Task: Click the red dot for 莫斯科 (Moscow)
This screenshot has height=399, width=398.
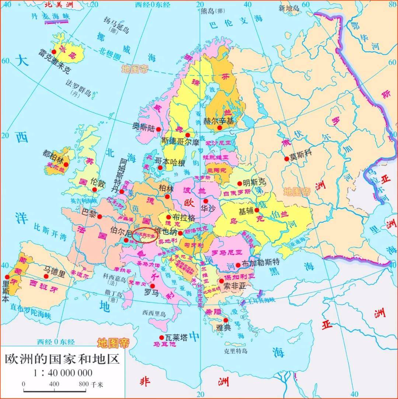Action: pos(286,159)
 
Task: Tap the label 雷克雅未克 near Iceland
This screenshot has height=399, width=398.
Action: pos(54,62)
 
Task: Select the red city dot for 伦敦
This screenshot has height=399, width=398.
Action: pos(95,190)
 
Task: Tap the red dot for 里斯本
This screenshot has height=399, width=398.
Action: pos(7,277)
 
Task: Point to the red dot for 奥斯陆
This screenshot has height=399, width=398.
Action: pos(158,129)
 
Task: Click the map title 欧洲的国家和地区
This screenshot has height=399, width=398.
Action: pos(62,358)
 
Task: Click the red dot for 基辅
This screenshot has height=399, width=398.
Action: pos(257,210)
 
